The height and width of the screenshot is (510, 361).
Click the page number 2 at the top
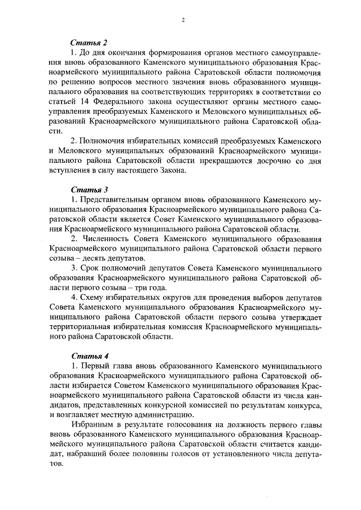[183, 20]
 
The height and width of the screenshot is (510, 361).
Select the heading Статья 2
[89, 43]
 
